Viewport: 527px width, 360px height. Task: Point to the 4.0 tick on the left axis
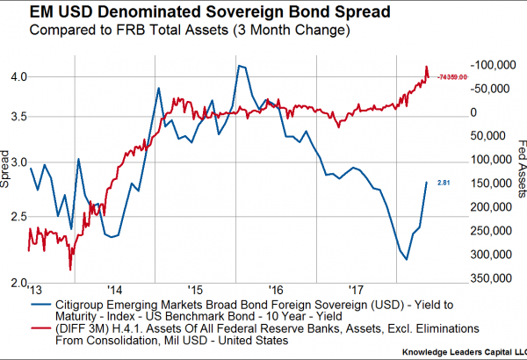14,76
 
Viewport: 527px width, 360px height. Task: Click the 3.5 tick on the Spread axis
14,117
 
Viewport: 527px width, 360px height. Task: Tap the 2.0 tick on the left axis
14,284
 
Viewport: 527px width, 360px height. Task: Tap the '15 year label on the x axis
195,290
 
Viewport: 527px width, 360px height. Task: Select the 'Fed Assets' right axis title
518,166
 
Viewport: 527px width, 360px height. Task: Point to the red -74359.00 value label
458,78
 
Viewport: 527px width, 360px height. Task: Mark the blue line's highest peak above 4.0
238,66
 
